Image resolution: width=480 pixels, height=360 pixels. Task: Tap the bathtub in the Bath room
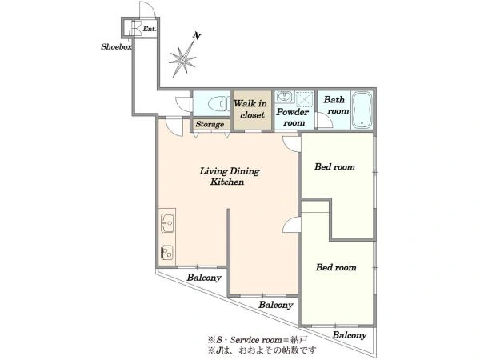[362, 110]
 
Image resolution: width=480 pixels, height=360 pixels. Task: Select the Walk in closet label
[250, 110]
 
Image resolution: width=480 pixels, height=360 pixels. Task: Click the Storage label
[210, 124]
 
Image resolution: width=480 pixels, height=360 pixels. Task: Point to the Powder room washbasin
[284, 97]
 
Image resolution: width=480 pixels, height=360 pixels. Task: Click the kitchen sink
[167, 223]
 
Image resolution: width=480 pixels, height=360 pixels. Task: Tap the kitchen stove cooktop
[167, 252]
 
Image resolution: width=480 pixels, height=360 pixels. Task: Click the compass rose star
[182, 59]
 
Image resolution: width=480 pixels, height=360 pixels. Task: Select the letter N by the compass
[197, 36]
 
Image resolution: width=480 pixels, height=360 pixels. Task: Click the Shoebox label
[116, 46]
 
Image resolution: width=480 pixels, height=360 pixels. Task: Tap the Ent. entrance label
[150, 29]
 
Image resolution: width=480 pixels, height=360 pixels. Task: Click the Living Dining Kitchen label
[230, 176]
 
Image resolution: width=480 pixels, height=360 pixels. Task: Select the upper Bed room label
[334, 167]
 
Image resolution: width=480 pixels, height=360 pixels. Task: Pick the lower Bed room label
[336, 267]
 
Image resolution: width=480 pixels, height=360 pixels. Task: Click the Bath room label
[336, 106]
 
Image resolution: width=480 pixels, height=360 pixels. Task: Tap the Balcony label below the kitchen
[204, 278]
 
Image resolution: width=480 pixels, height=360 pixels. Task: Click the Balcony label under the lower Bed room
[350, 335]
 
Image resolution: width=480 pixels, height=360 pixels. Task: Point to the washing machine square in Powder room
[305, 99]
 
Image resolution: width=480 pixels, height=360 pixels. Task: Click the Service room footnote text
[258, 340]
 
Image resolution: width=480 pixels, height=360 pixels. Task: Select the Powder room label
[292, 118]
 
